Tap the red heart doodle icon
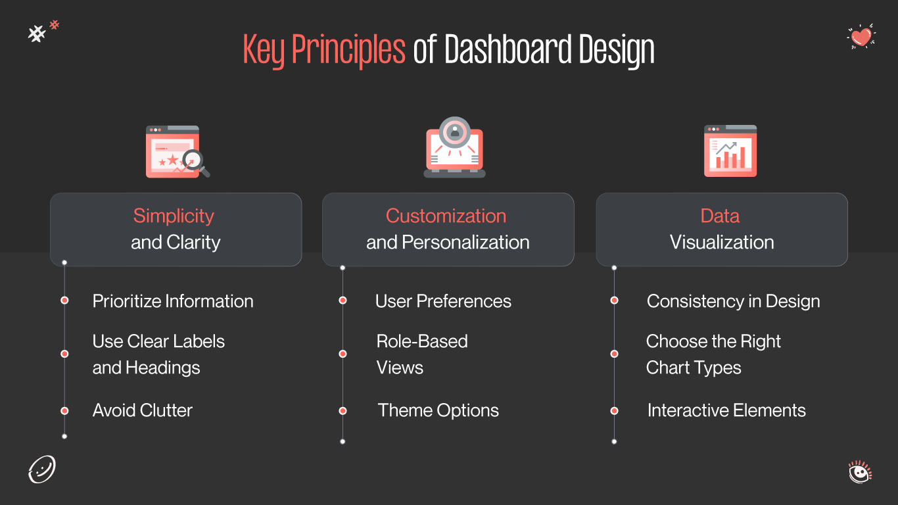coord(861,36)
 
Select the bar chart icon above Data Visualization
coord(730,151)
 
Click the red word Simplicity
coord(174,216)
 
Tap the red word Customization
coord(446,216)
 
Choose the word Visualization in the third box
coord(722,242)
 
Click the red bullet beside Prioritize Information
coord(64,301)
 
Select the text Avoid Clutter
coord(143,410)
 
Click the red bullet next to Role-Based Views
coord(343,354)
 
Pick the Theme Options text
coord(438,410)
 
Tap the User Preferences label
coord(443,301)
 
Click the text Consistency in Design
coord(733,301)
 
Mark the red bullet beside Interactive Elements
coord(614,411)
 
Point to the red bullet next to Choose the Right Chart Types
coord(614,354)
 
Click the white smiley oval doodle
coord(42,470)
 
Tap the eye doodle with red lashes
coord(859,472)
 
